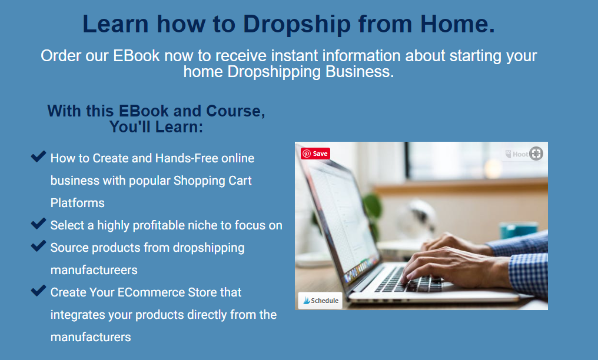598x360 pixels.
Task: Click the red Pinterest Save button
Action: click(315, 154)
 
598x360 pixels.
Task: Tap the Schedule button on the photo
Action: click(320, 301)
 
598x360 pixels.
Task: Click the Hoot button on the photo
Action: click(523, 154)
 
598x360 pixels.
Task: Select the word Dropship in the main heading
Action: click(297, 24)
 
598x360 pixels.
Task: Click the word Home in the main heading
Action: click(457, 24)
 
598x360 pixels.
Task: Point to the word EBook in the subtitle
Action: click(136, 56)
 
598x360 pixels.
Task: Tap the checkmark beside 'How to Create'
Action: click(38, 156)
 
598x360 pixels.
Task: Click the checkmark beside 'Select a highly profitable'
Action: click(38, 224)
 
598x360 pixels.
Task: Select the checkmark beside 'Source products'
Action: click(38, 246)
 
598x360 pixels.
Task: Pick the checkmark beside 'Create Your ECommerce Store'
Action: click(38, 291)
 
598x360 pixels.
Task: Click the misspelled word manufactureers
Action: click(94, 270)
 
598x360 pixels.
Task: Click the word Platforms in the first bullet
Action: click(78, 203)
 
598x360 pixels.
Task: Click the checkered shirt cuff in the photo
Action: click(528, 274)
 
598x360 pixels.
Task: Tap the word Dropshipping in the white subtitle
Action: click(274, 72)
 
